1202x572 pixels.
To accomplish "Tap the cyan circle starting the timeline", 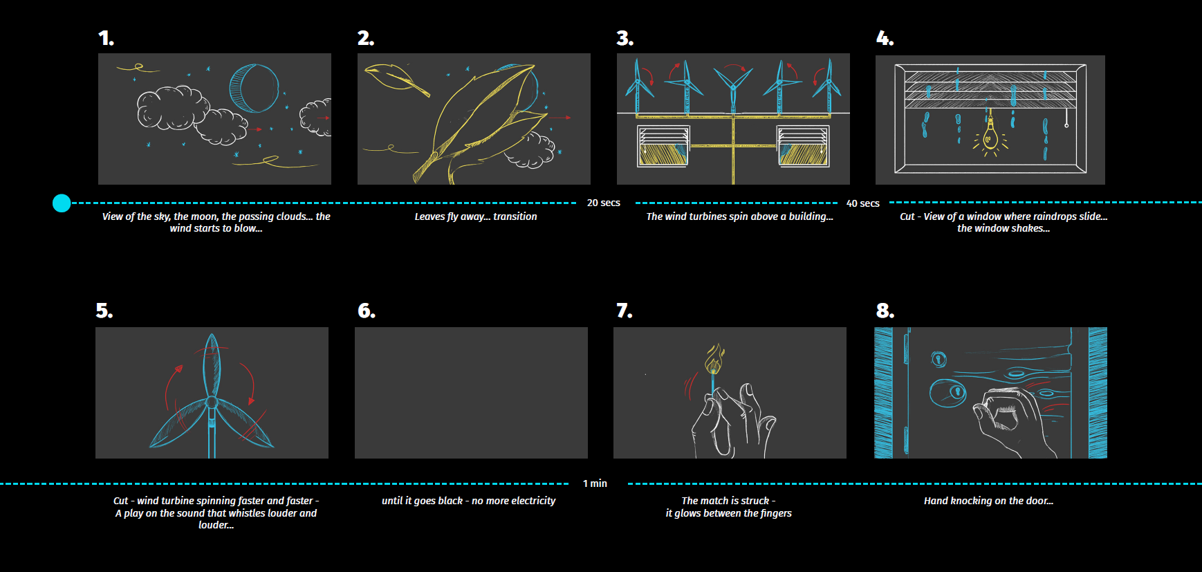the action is (62, 203).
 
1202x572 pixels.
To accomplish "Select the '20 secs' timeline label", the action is (604, 203).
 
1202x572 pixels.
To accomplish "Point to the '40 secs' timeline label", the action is (863, 203).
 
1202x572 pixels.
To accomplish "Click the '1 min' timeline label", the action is (595, 483).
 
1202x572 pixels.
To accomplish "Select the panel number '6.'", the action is (367, 311).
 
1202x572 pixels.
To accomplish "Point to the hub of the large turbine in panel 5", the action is (212, 402).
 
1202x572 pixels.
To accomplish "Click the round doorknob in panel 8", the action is (948, 392).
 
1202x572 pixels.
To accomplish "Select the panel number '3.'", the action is (625, 38).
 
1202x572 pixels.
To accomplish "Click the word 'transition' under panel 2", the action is (515, 216).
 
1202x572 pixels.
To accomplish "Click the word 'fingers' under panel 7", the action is (776, 513).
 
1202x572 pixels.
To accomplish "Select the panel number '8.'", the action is (885, 311).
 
